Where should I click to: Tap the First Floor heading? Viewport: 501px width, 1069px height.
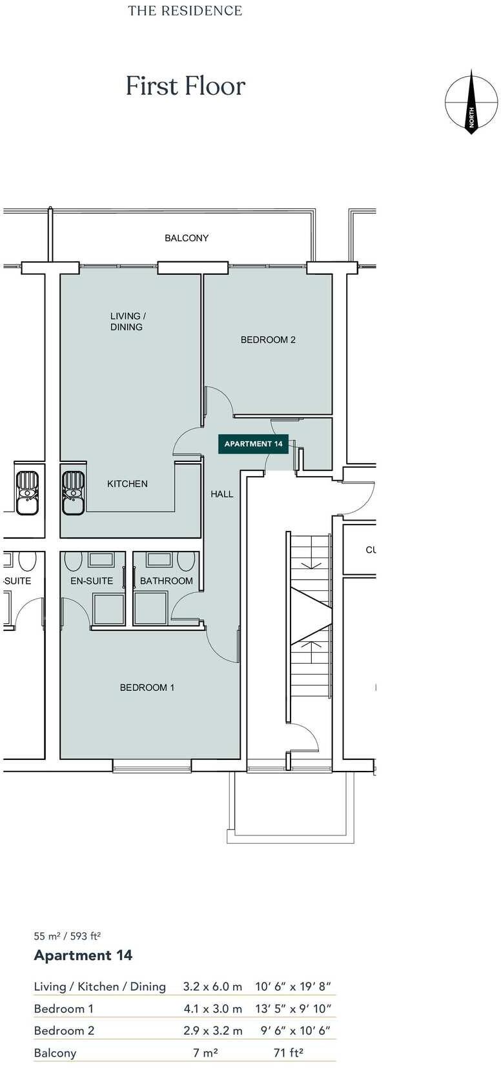(x=185, y=86)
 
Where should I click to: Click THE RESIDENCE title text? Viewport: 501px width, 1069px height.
(x=185, y=11)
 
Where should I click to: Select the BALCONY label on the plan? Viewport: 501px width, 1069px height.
(x=187, y=238)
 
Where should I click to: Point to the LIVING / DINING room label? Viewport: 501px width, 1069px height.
(x=127, y=321)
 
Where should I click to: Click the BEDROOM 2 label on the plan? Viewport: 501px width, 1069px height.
(x=268, y=339)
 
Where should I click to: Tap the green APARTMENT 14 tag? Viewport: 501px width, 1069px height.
(x=253, y=444)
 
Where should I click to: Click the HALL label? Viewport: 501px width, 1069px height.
(x=221, y=494)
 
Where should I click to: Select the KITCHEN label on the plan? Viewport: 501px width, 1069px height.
(x=127, y=484)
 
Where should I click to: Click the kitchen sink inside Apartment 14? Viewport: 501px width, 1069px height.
(x=74, y=492)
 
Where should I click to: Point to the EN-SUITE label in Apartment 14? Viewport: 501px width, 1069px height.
(x=92, y=581)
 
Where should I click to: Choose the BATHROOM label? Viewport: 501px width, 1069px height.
(x=166, y=581)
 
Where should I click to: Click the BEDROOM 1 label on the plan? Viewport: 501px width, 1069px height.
(x=147, y=688)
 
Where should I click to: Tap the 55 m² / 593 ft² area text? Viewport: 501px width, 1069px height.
(x=67, y=935)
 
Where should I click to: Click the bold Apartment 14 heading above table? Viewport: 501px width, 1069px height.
(x=83, y=955)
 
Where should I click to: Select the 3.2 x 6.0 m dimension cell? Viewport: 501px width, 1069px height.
(x=212, y=986)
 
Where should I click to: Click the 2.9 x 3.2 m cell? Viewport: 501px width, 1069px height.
(x=212, y=1030)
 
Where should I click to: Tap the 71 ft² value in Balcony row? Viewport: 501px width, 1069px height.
(x=289, y=1052)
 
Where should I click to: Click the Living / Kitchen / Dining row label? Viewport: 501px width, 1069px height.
(x=99, y=986)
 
